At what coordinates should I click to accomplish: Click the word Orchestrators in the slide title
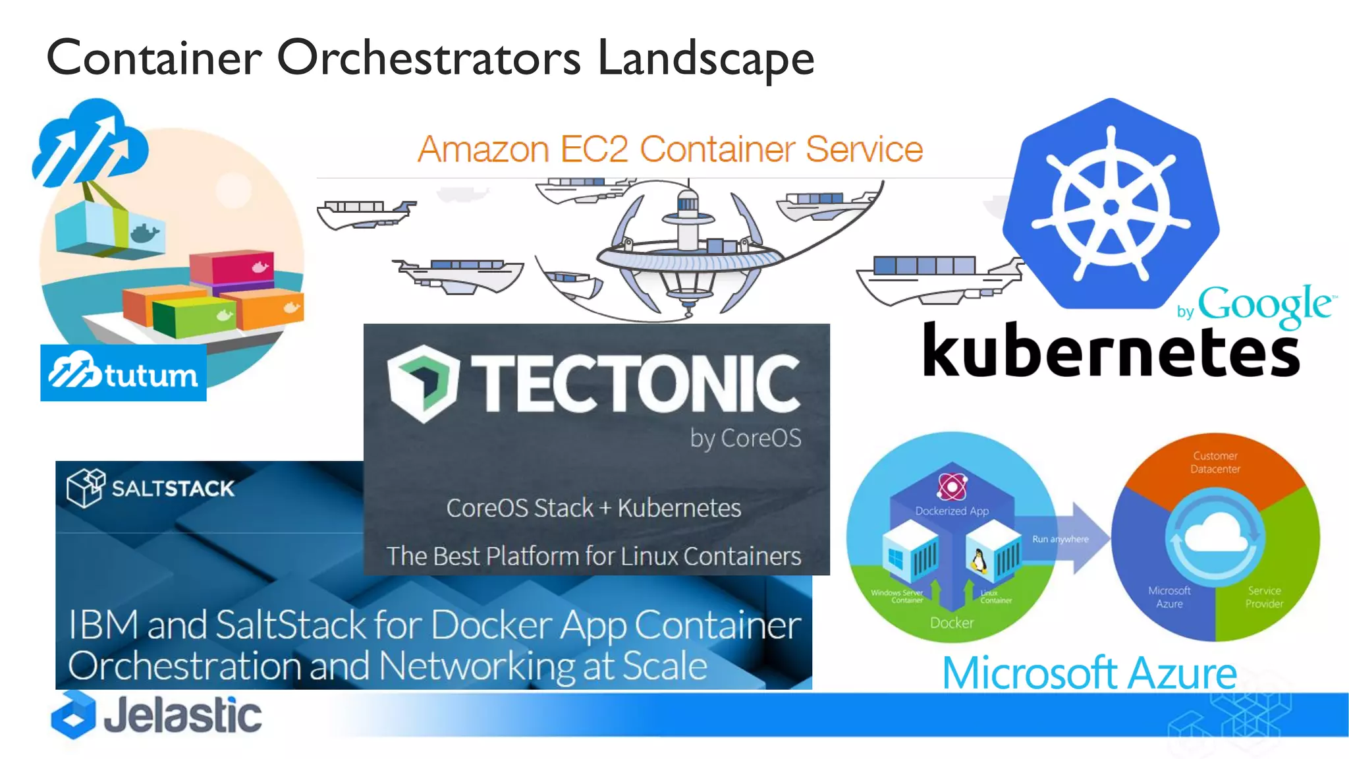429,58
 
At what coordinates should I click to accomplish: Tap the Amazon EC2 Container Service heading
670,149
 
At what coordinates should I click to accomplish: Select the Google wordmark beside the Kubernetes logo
1264,304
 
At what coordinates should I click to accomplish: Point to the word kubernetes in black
1111,351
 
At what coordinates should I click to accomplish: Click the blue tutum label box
123,373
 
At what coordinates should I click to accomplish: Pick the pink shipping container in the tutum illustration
232,269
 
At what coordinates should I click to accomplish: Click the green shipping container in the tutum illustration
194,316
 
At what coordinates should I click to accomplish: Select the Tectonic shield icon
422,382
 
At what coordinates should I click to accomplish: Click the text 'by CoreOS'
746,438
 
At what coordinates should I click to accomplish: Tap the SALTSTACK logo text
173,488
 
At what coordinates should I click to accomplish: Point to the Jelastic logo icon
73,715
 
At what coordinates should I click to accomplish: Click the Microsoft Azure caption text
1089,673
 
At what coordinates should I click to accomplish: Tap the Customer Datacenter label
1215,463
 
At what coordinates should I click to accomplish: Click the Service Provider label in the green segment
1264,597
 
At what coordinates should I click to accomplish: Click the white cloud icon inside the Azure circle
1216,534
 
